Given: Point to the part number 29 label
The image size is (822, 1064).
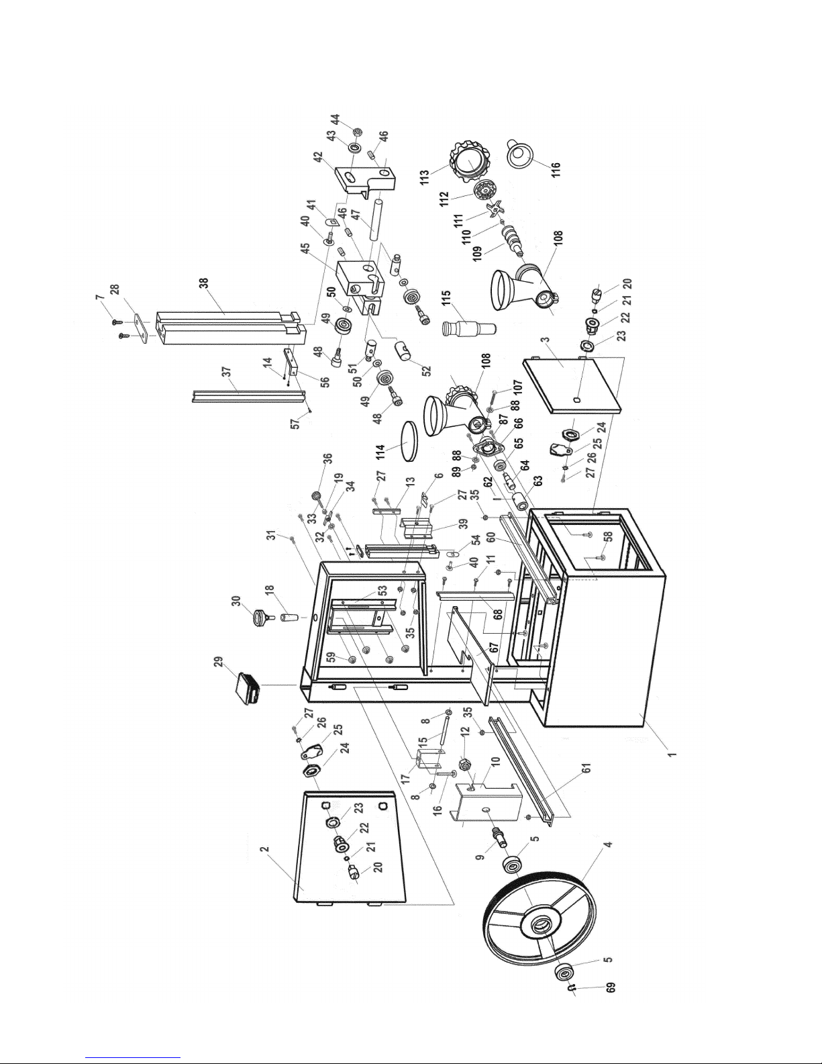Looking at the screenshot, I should click(x=218, y=665).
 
